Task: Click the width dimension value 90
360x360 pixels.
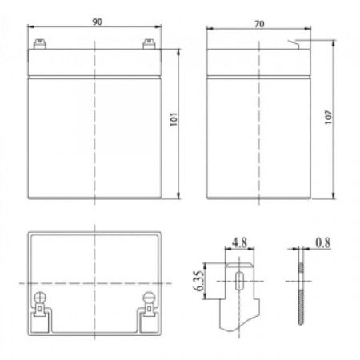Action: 98,22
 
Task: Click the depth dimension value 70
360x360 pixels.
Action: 259,24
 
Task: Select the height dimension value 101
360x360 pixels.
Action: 174,119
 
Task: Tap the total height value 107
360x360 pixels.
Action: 329,117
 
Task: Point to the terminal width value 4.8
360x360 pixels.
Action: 239,242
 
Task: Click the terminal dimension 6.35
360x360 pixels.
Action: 198,281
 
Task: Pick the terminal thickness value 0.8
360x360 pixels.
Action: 323,242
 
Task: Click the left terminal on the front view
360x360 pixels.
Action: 39,44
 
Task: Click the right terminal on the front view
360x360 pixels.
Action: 149,44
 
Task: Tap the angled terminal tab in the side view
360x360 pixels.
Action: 294,44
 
